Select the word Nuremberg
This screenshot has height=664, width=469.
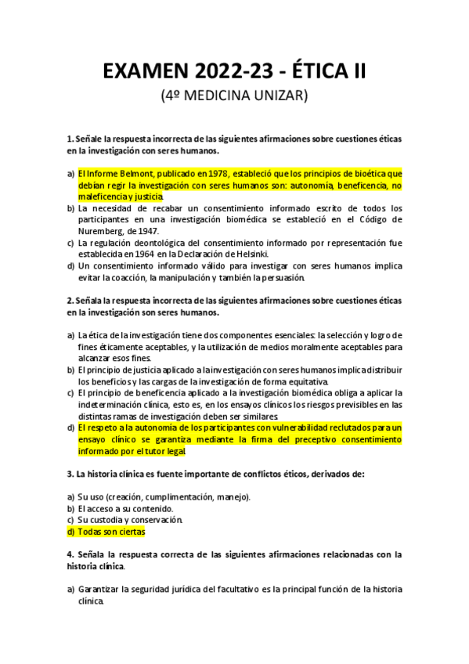(103, 231)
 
